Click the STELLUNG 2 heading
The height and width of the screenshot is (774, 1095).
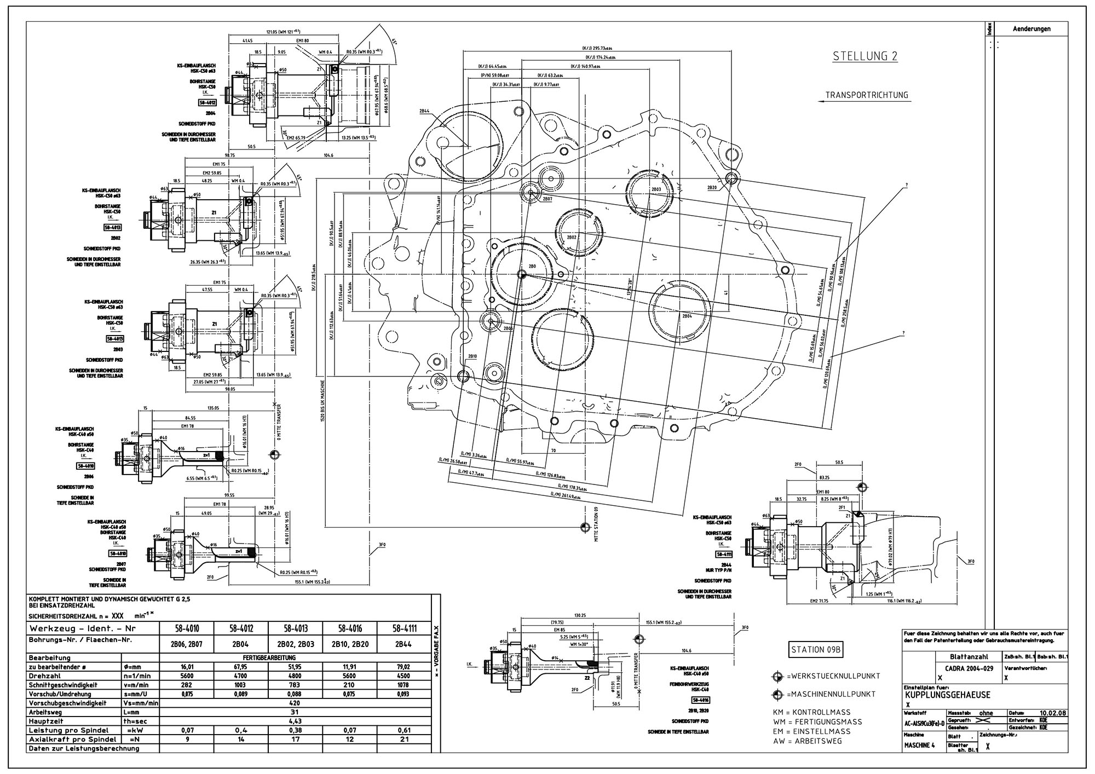click(865, 56)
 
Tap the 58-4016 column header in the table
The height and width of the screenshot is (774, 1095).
click(350, 629)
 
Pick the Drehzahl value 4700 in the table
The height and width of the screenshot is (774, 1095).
click(241, 675)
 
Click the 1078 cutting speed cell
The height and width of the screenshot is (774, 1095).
click(404, 685)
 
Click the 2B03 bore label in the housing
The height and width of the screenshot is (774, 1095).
click(656, 189)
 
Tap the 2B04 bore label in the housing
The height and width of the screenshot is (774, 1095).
click(687, 316)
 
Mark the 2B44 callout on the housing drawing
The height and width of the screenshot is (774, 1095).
click(424, 111)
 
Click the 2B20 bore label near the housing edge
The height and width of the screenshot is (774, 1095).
click(712, 187)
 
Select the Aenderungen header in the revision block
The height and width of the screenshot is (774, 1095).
click(1031, 29)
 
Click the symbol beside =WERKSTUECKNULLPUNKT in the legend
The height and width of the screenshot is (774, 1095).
click(777, 677)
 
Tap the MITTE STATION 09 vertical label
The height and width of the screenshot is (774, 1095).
click(596, 523)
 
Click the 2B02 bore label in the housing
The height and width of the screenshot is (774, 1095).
click(571, 238)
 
